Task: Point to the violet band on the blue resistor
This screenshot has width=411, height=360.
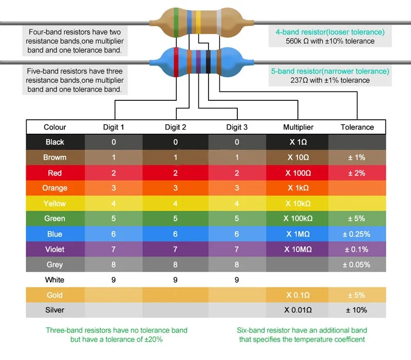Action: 198,62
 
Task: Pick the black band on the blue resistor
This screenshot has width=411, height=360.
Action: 208,62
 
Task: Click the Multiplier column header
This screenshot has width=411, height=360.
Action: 298,127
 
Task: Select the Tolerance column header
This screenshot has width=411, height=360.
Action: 357,127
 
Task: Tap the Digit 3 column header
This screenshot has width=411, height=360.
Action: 237,127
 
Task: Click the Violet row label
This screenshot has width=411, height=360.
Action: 54,249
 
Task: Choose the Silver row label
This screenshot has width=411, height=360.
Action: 54,310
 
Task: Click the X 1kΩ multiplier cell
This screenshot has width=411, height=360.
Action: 298,188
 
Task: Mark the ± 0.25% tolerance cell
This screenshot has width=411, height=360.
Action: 357,234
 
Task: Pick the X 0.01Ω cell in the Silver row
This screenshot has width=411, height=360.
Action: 298,310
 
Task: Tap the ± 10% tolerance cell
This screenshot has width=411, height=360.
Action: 357,310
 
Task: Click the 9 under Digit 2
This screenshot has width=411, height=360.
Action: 175,280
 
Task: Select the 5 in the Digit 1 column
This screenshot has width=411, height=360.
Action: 114,219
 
